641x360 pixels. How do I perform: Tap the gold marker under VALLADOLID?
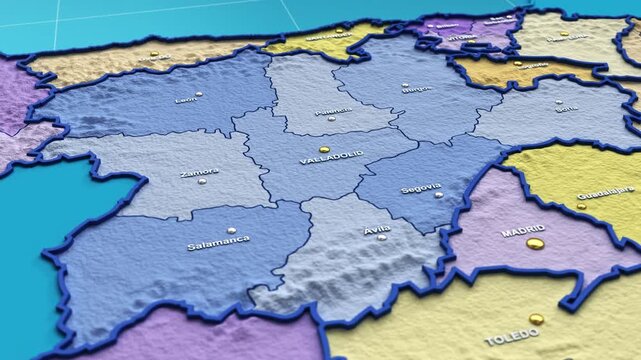[324, 148]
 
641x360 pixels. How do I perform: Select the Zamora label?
[199, 172]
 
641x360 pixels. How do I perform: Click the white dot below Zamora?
[202, 182]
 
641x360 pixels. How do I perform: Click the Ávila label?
[378, 229]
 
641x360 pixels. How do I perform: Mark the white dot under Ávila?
[381, 238]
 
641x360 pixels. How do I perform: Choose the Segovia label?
[420, 188]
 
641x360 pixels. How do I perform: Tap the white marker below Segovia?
[438, 196]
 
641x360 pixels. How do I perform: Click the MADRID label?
[523, 231]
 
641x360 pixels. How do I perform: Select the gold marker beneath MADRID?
[535, 243]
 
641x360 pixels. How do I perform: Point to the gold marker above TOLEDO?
[536, 320]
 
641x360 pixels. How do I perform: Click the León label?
[185, 100]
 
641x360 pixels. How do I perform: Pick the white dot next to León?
[199, 94]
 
